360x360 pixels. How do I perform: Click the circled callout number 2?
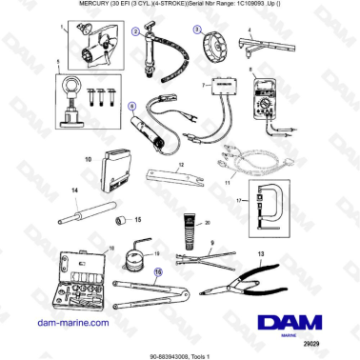click(x=135, y=31)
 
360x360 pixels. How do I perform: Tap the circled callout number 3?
click(x=195, y=29)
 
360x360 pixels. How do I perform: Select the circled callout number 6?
click(x=132, y=107)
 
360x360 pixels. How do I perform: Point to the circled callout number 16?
click(x=159, y=270)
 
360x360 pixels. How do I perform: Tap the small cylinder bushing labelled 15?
click(x=123, y=220)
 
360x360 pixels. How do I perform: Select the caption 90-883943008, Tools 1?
click(x=180, y=354)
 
